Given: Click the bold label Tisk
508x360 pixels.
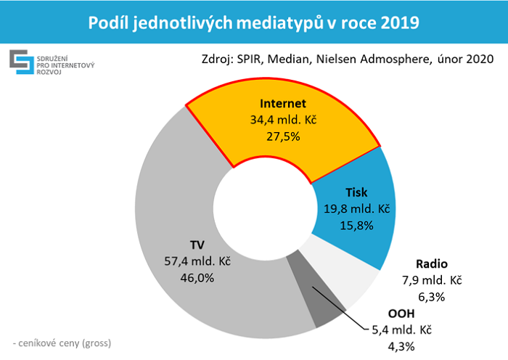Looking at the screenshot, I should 356,193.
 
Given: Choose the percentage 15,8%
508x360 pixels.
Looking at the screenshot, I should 356,225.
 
